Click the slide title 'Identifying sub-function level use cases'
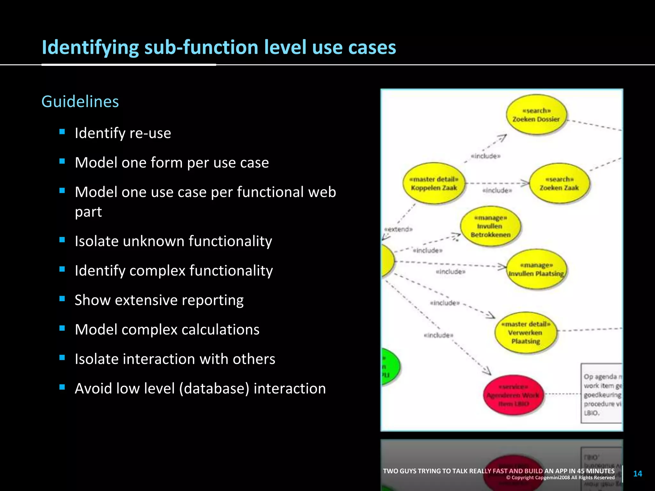(x=219, y=47)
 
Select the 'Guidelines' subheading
(x=80, y=102)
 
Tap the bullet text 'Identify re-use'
(x=123, y=133)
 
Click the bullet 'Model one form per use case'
(x=172, y=162)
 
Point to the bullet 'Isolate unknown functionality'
(x=173, y=241)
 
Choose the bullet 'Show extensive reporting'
(x=159, y=300)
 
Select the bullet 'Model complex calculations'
(x=167, y=330)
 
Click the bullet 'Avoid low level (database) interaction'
(x=200, y=388)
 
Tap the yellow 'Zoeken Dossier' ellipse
(x=536, y=115)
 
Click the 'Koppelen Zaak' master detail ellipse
(x=434, y=183)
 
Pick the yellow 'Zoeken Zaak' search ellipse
(x=559, y=183)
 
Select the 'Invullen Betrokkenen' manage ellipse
(x=490, y=226)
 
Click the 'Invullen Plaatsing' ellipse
(x=537, y=269)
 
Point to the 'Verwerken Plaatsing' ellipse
(x=526, y=332)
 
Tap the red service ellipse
(x=513, y=395)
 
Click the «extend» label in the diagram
(x=399, y=229)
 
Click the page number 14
(x=637, y=473)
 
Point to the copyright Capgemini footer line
(x=560, y=478)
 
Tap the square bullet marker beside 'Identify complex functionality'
(x=62, y=269)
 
